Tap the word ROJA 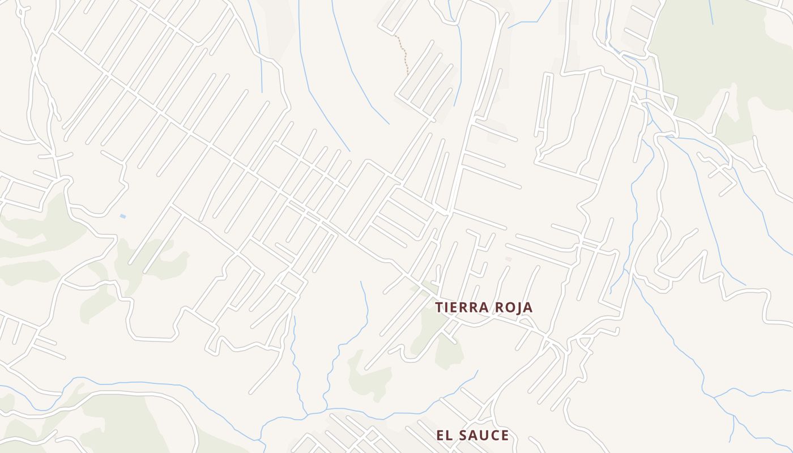tap(514, 307)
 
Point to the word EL tap(445, 435)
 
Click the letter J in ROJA tap(517, 307)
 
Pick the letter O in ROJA tap(509, 307)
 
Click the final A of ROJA tap(527, 307)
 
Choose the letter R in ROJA tap(500, 307)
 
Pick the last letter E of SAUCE tap(504, 435)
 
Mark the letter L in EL tap(449, 435)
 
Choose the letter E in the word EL tap(440, 435)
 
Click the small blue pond tap(123, 216)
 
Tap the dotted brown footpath tap(403, 54)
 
